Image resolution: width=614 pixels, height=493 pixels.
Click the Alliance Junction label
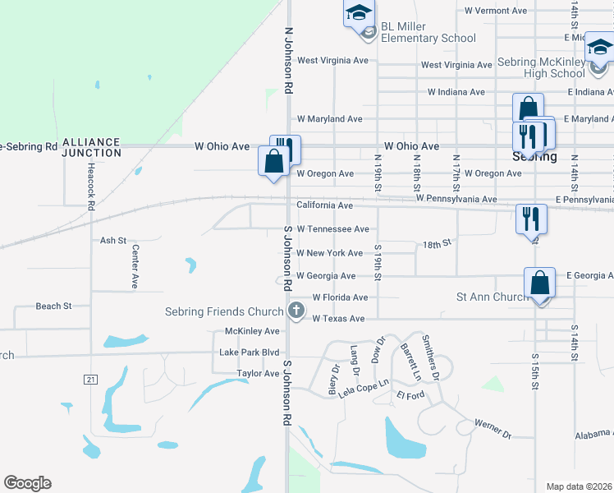[91, 147]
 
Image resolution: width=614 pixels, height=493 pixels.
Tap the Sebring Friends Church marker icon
[296, 311]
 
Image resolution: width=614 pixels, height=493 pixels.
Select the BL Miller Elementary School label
[428, 32]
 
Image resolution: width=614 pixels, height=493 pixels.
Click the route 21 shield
[89, 379]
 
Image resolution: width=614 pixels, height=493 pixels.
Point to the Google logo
[27, 483]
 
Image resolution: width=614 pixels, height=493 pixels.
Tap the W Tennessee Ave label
[332, 229]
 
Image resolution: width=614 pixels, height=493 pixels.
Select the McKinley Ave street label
[252, 331]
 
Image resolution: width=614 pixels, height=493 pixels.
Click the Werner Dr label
[492, 428]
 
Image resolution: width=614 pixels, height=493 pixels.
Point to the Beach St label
[53, 306]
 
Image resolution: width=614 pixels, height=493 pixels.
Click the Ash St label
[112, 241]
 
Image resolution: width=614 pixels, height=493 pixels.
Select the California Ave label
[324, 205]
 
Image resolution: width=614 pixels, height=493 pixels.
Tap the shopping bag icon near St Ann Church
[540, 283]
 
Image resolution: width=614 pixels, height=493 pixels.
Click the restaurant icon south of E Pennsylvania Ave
[530, 219]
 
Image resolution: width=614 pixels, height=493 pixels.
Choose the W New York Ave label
[329, 253]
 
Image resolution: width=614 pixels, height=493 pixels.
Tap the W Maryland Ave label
[329, 119]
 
